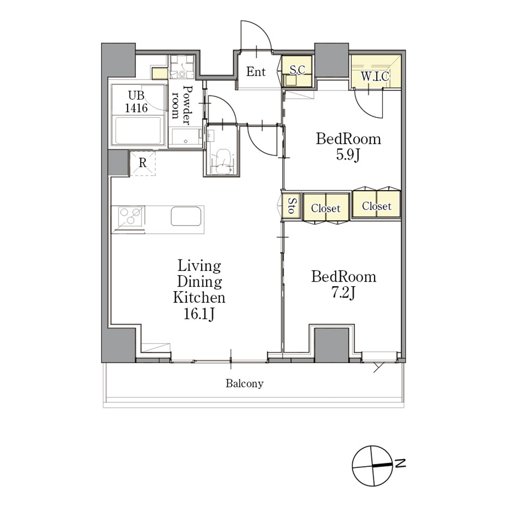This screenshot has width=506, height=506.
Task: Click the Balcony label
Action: (245, 383)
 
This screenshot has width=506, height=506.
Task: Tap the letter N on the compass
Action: (400, 464)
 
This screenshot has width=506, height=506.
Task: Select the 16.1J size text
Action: (199, 314)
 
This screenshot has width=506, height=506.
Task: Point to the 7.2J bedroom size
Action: (344, 293)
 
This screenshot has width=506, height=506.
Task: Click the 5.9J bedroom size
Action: (348, 155)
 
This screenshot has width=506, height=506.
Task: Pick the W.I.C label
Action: (375, 77)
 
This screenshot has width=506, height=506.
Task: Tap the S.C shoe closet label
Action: (297, 70)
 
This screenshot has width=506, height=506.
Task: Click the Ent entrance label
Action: (256, 72)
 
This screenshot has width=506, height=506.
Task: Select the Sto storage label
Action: (292, 206)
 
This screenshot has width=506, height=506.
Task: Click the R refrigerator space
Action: (143, 163)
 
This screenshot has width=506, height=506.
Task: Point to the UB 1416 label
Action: (136, 102)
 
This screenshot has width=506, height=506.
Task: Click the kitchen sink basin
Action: (186, 216)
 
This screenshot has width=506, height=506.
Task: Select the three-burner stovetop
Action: (130, 216)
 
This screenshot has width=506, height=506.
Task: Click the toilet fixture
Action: (221, 159)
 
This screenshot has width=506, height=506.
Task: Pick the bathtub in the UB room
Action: (138, 130)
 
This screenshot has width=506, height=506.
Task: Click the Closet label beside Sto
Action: (326, 208)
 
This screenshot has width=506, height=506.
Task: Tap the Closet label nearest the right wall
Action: (377, 206)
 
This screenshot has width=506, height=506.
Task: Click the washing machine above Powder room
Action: (182, 67)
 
